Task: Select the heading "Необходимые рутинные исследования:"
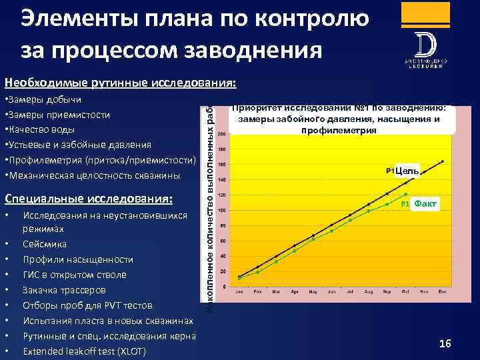coord(120,83)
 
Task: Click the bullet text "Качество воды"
coord(41,129)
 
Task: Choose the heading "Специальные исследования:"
coord(89,199)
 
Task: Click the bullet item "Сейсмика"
coord(45,244)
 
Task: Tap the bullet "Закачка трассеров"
coord(64,290)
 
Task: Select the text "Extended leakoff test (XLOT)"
coord(84,351)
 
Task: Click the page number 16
coord(445,343)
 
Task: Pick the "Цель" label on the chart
coord(407,171)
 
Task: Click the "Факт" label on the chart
coord(425,203)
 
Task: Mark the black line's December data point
coord(443,161)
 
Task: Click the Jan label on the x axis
coord(240,291)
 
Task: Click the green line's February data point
coord(258,272)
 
